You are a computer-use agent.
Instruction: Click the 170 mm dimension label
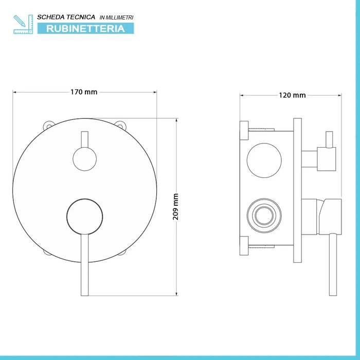point(83,93)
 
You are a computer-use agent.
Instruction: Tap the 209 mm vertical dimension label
point(175,207)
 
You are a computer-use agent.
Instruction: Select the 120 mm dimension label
point(292,95)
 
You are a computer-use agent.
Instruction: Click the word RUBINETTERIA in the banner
point(85,28)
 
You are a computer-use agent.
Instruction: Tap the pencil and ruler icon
point(23,24)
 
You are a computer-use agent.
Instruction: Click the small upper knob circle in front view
point(84,158)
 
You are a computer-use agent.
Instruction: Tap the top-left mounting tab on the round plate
point(49,124)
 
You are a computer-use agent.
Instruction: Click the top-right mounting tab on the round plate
point(120,124)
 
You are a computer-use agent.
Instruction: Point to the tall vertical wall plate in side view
point(297,190)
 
